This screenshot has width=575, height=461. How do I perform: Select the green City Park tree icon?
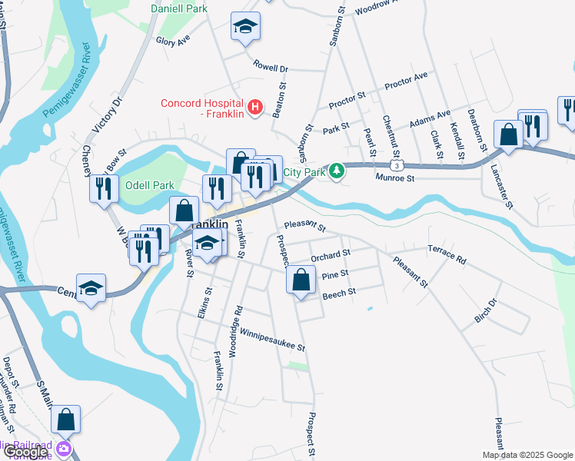pyautogui.click(x=336, y=170)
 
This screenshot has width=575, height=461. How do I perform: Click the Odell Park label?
pyautogui.click(x=149, y=185)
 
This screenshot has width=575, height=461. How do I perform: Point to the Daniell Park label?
pyautogui.click(x=179, y=8)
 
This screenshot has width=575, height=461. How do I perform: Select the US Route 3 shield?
pyautogui.click(x=395, y=165)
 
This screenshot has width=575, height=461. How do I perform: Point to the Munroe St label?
pyautogui.click(x=395, y=178)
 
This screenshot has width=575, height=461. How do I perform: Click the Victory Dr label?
pyautogui.click(x=106, y=113)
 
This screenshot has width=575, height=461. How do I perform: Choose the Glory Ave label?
pyautogui.click(x=173, y=41)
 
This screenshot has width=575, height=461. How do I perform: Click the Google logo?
pyautogui.click(x=25, y=452)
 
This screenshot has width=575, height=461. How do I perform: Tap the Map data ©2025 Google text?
pyautogui.click(x=527, y=455)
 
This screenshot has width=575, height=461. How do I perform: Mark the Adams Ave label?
pyautogui.click(x=430, y=118)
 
